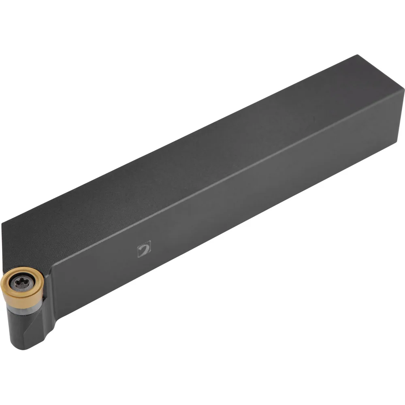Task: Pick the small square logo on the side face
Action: tap(144, 248)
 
